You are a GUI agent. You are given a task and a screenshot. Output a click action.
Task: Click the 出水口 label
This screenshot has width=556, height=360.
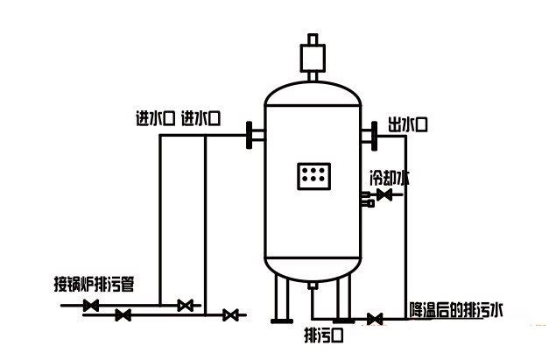[408, 126]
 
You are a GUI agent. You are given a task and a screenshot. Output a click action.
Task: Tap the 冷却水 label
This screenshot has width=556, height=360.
[389, 177]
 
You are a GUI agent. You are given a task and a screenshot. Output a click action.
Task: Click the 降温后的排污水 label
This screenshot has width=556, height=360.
[457, 309]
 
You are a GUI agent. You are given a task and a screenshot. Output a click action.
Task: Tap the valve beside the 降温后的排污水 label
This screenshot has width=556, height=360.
[375, 318]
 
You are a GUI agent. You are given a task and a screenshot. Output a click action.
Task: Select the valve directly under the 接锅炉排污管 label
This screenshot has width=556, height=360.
[90, 306]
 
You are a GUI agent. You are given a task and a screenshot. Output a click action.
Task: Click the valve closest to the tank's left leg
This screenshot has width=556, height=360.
[231, 314]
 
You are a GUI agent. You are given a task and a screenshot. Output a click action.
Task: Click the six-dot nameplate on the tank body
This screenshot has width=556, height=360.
[313, 175]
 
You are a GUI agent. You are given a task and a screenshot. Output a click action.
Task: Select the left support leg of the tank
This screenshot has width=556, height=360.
[279, 298]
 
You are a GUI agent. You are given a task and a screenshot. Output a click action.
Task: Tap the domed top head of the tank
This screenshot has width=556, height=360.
[313, 90]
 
